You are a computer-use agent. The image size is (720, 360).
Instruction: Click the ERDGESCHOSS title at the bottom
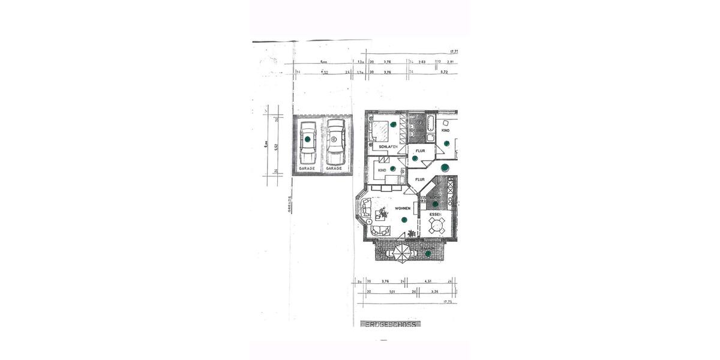(x=391, y=324)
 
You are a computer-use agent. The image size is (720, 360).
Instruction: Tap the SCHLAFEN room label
(x=388, y=146)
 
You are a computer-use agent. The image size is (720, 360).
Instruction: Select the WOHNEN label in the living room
(x=403, y=208)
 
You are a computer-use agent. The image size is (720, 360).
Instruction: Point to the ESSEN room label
(x=436, y=214)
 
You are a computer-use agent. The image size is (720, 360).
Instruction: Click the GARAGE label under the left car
(x=307, y=169)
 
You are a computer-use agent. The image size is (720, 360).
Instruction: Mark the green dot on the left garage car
(x=307, y=139)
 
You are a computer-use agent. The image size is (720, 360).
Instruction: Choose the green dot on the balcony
(x=428, y=254)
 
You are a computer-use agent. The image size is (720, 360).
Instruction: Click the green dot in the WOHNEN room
(x=405, y=220)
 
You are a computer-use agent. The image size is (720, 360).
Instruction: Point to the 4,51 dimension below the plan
(x=428, y=280)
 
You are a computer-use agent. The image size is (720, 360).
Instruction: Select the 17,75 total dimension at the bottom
(x=447, y=302)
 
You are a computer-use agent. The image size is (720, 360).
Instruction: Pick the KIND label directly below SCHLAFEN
(x=382, y=170)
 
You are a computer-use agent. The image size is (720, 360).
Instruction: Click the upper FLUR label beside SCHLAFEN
(x=420, y=150)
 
